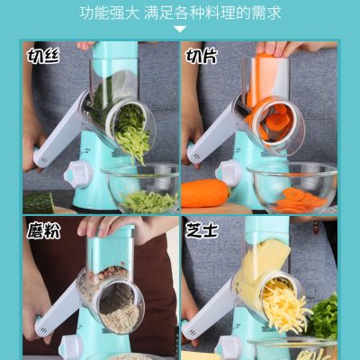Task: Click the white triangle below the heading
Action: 180,30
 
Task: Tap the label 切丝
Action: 43,55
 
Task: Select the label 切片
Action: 202,55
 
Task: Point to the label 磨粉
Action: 43,230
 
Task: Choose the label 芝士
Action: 202,230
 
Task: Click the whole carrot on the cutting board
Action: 206,193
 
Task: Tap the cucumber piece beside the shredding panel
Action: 39,202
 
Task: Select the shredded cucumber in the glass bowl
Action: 149,202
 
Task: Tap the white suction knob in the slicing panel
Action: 229,174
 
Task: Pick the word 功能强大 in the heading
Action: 110,13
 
